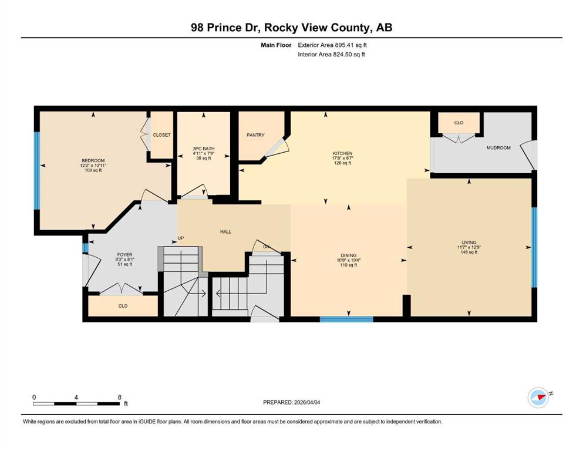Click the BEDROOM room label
pyautogui.click(x=93, y=161)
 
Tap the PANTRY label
pyautogui.click(x=255, y=135)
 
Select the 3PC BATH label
pyautogui.click(x=204, y=149)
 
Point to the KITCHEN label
pyautogui.click(x=342, y=153)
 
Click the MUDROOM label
pyautogui.click(x=498, y=147)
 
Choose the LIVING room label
pyautogui.click(x=469, y=243)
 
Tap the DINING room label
pyautogui.click(x=348, y=255)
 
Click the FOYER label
pyautogui.click(x=124, y=255)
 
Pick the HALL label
pyautogui.click(x=225, y=231)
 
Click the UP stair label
pyautogui.click(x=181, y=238)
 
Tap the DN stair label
pyautogui.click(x=266, y=247)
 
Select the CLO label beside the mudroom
pyautogui.click(x=459, y=123)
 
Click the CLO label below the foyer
pyautogui.click(x=123, y=306)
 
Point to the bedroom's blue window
pyautogui.click(x=37, y=171)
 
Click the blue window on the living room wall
pyautogui.click(x=534, y=247)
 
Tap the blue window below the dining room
pyautogui.click(x=346, y=319)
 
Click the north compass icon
pyautogui.click(x=538, y=398)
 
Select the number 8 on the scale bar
pyautogui.click(x=119, y=397)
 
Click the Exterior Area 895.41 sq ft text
pyautogui.click(x=332, y=45)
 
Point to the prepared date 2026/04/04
pyautogui.click(x=306, y=402)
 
